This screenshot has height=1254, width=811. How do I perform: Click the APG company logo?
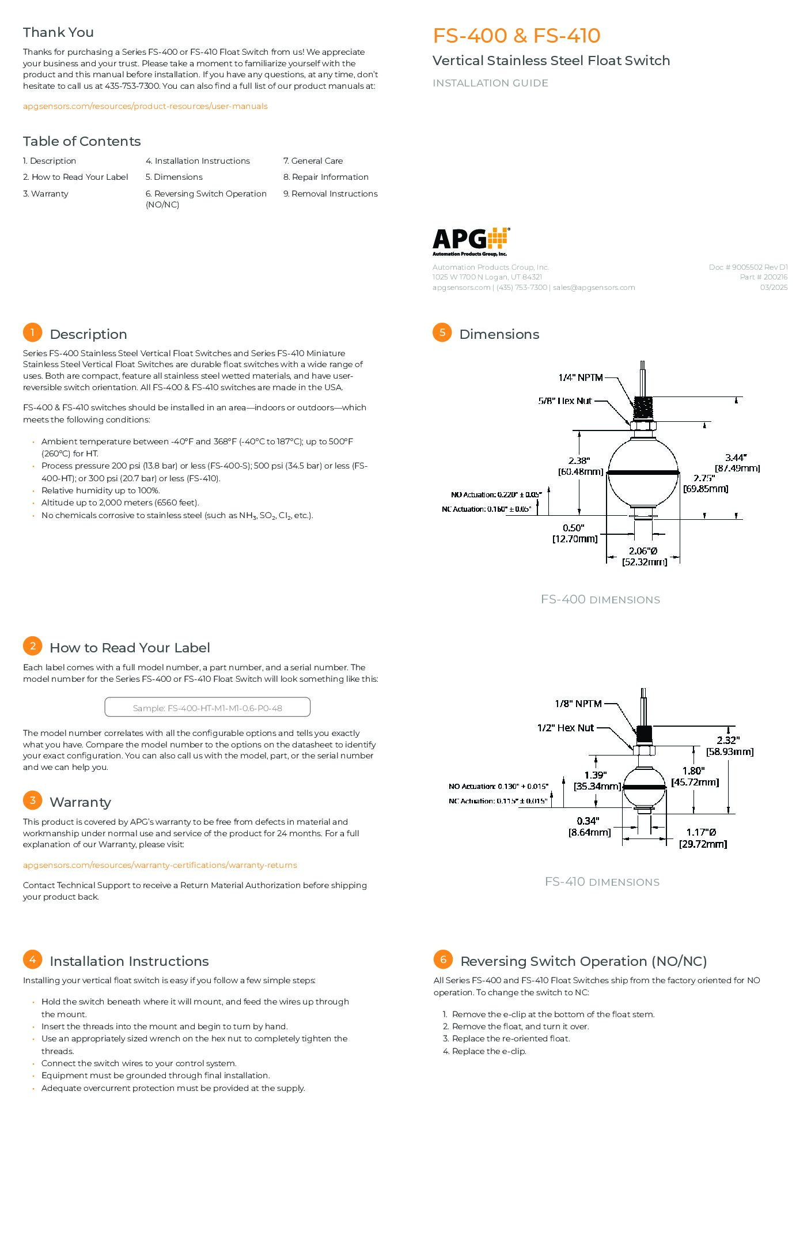point(471,241)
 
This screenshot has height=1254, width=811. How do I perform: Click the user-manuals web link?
point(145,106)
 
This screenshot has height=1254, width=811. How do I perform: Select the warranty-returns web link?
point(160,865)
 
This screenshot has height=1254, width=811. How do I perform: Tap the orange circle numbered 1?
point(33,333)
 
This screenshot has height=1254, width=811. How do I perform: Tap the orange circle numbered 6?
point(443,960)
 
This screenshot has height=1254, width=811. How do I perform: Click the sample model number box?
point(207,708)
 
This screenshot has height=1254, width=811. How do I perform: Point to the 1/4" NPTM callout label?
point(581,377)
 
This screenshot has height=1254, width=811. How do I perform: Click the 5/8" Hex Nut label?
point(565,401)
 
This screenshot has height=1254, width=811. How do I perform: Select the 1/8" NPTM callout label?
point(578,704)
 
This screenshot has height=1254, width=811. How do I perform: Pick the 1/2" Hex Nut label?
point(566,728)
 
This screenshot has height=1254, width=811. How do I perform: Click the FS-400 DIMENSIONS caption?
point(601,599)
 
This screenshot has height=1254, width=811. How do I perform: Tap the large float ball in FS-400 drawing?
point(643,472)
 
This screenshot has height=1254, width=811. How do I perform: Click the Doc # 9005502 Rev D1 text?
point(748,267)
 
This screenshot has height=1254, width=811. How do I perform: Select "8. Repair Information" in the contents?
point(326,177)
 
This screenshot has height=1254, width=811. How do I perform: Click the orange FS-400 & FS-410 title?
point(517,36)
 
